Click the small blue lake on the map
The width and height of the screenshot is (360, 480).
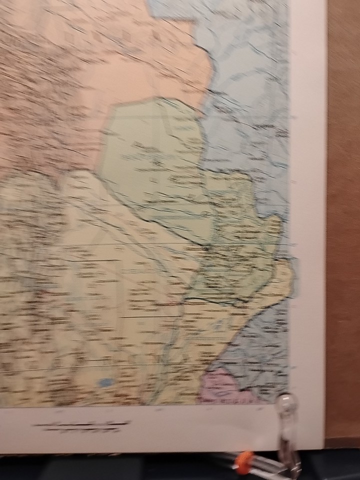point(104,382)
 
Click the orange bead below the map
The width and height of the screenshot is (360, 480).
point(243,463)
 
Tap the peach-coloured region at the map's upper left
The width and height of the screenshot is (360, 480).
point(75,60)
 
